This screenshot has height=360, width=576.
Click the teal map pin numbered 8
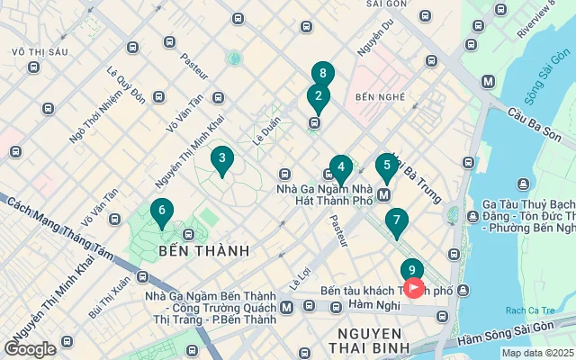pos(323,74)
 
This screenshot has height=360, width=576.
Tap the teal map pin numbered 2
pos(317,95)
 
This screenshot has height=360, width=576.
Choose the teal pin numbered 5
pos(387,165)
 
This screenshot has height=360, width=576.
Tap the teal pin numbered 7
pos(395,220)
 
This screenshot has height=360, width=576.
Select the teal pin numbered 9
pos(411,269)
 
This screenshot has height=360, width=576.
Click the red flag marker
pos(414,288)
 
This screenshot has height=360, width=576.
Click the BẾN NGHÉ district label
pos(377,95)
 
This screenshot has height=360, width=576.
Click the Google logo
pos(31,348)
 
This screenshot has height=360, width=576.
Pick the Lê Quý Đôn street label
pos(125,84)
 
